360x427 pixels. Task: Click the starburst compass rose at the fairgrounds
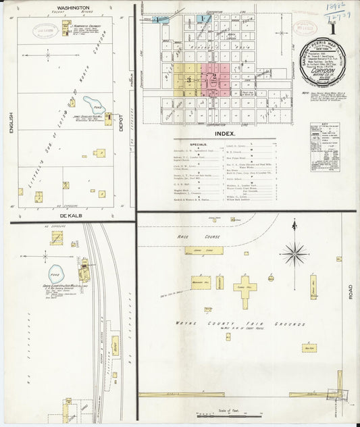click(x=294, y=254)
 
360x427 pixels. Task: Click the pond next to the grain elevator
click(x=55, y=274)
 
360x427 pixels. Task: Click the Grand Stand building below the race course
click(x=203, y=250)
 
